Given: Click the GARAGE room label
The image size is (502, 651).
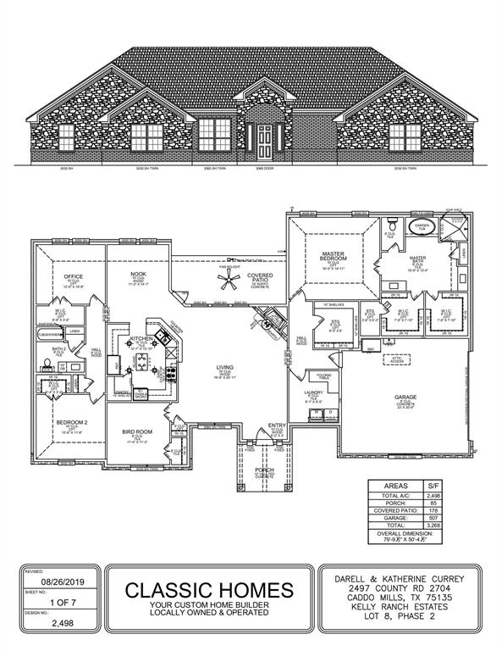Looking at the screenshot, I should pos(405,396).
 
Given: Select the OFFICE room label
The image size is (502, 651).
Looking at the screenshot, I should pos(73,276).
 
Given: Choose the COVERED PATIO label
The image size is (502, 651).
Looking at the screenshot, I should pos(258,278).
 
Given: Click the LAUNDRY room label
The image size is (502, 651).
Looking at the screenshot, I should pos(314,393).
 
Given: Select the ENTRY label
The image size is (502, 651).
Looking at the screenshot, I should pos(277,426).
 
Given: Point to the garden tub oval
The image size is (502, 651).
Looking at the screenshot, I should pos(421,227).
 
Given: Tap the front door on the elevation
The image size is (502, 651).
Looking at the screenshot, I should pos(265,141).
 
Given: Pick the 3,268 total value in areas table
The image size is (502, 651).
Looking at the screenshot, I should pos(434,526).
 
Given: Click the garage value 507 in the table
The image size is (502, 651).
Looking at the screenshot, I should pos(434,517).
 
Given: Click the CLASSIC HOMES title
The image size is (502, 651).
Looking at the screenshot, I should pos(211,589).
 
